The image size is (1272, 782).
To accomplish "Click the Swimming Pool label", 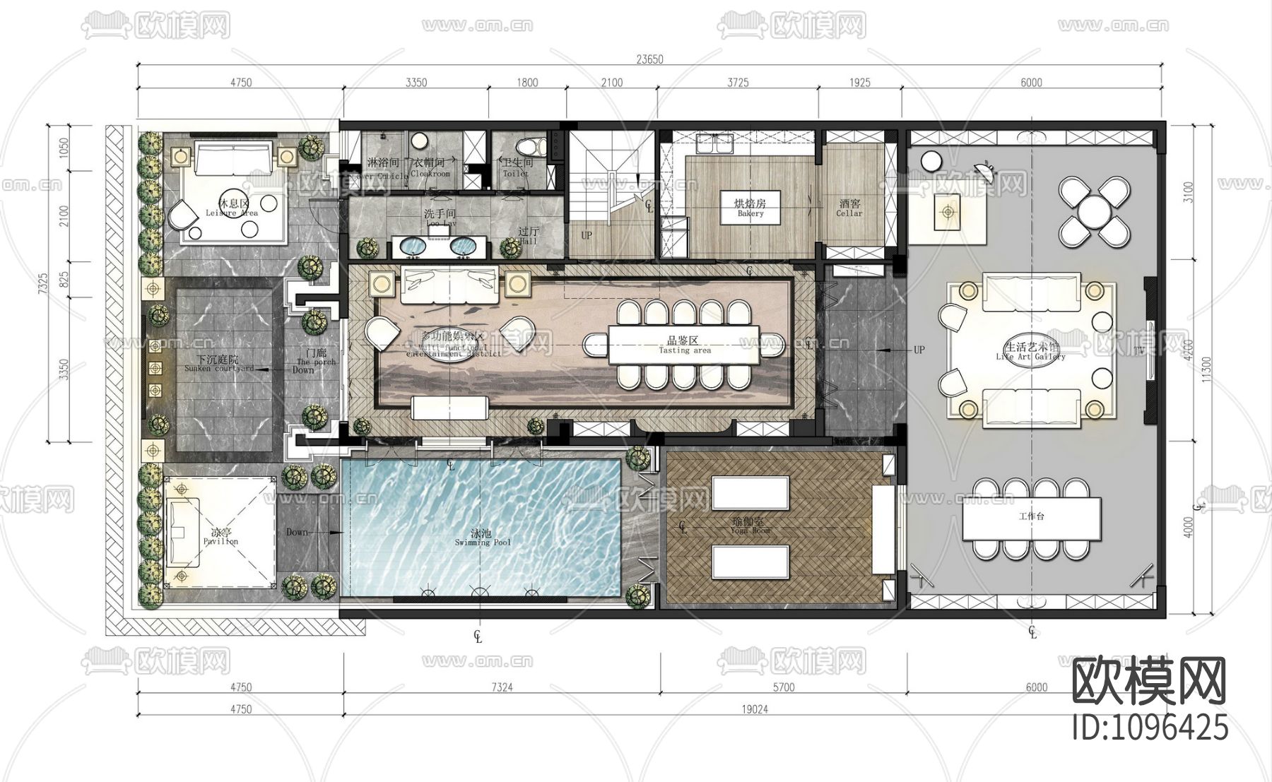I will point(482,538).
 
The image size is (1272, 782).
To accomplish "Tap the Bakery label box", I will point(750,207).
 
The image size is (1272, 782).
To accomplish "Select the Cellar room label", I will point(849,208).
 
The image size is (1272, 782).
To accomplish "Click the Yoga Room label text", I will point(750,526).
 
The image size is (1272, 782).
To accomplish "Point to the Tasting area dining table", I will point(683,345).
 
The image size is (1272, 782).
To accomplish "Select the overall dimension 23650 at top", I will point(649,59).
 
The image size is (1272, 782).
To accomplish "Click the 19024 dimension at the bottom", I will point(755,709).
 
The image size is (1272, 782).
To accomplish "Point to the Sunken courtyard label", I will point(218,364).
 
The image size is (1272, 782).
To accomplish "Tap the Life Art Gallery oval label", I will point(1031,351).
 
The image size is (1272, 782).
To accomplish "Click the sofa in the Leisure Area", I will point(233,158).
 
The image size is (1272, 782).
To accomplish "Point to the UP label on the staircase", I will point(587,235).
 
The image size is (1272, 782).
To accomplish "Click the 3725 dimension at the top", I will point(738,83).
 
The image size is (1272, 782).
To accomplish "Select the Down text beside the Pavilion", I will point(298,532).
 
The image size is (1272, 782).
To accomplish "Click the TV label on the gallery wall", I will point(1138,351).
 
